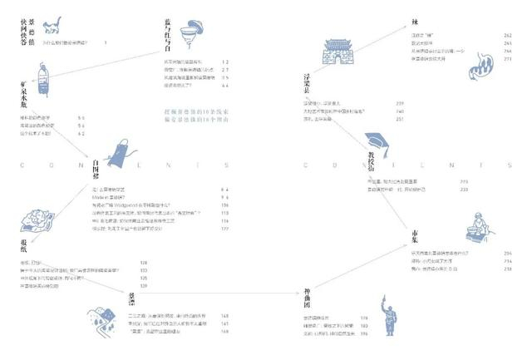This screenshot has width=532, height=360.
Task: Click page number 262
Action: (506, 35)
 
